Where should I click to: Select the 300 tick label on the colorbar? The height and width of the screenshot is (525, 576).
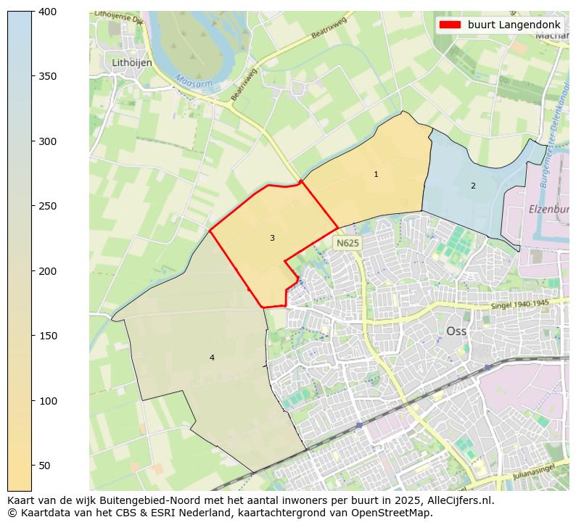click(x=47, y=141)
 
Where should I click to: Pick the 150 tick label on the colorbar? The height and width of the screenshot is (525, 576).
click(x=47, y=336)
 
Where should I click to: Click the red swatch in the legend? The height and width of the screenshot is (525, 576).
click(x=450, y=25)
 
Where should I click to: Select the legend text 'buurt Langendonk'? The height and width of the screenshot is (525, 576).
click(x=514, y=25)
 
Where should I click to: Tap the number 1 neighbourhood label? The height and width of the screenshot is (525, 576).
click(x=376, y=174)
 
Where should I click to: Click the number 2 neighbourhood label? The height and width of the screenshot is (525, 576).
click(x=473, y=186)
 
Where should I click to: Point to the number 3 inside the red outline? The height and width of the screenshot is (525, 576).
click(x=272, y=238)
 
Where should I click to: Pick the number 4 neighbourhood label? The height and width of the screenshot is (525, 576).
click(x=212, y=357)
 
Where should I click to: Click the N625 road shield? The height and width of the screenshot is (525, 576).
click(x=347, y=243)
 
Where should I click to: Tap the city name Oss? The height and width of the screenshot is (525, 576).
click(x=456, y=330)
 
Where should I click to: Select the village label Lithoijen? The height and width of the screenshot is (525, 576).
click(x=132, y=63)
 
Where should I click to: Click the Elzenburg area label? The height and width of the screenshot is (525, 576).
click(x=548, y=208)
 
